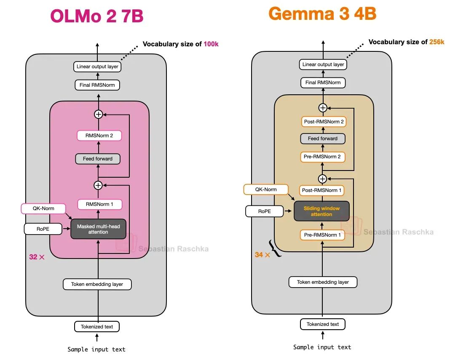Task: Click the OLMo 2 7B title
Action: click(97, 16)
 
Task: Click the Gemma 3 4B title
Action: click(322, 13)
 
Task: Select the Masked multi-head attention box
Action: click(98, 229)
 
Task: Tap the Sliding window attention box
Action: click(321, 211)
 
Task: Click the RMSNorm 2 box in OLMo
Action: click(99, 136)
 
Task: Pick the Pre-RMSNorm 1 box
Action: click(322, 235)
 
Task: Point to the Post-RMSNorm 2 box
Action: click(324, 122)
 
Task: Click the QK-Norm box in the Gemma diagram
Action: click(266, 189)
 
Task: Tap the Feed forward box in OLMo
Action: click(98, 159)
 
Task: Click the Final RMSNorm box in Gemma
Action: click(323, 83)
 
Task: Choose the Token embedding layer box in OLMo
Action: click(97, 284)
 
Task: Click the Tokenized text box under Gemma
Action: click(323, 324)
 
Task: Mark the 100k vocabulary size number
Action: click(211, 44)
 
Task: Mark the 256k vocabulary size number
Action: click(437, 42)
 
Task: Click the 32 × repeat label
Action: click(37, 257)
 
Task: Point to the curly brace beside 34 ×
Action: click(275, 250)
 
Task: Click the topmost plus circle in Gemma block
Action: click(323, 108)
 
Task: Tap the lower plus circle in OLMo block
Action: click(98, 185)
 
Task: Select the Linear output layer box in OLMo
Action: click(97, 67)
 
